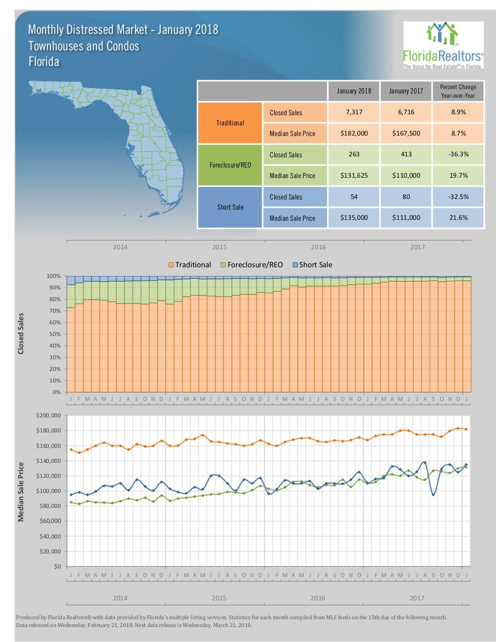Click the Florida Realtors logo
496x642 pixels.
[x=443, y=46]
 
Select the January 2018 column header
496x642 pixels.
[x=354, y=91]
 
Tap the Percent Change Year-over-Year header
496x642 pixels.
[x=458, y=91]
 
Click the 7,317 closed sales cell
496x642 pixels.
[x=354, y=112]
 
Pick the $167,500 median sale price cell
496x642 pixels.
[x=406, y=133]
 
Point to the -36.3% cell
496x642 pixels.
[x=458, y=154]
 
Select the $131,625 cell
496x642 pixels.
[x=354, y=175]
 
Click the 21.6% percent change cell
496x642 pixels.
[x=458, y=218]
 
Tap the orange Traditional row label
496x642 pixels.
[x=230, y=123]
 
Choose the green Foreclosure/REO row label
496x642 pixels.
[x=230, y=165]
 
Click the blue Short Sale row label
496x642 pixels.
[x=230, y=207]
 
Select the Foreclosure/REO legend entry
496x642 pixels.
[x=251, y=265]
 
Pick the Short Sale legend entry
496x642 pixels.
[x=312, y=265]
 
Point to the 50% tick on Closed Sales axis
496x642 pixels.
[x=54, y=334]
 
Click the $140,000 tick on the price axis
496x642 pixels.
[x=48, y=461]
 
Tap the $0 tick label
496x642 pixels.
[x=57, y=566]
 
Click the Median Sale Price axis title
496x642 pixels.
[x=21, y=491]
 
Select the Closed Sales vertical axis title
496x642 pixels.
[x=21, y=334]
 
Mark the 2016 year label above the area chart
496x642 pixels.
[x=318, y=247]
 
